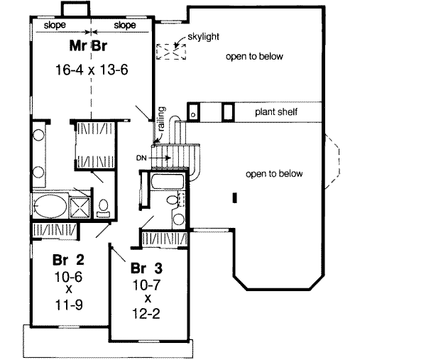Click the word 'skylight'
(x=202, y=36)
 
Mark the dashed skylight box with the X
(x=168, y=52)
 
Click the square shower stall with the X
(x=80, y=207)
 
